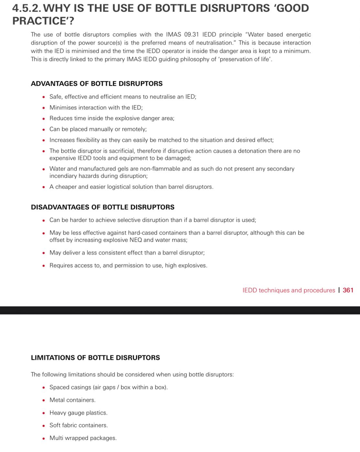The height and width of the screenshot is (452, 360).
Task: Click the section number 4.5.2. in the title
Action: (27, 8)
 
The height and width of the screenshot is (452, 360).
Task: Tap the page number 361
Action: (348, 290)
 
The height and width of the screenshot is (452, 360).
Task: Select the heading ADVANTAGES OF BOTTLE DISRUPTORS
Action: (97, 84)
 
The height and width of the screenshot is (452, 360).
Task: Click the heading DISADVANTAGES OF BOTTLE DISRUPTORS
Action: (102, 207)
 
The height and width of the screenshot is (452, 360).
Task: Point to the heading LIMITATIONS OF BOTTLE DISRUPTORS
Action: (95, 358)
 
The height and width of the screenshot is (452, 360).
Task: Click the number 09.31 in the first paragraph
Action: (191, 35)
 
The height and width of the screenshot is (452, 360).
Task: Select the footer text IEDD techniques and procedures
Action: (289, 290)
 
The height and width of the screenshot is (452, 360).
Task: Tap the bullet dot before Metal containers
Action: (44, 400)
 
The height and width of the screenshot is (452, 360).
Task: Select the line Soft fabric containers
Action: (79, 425)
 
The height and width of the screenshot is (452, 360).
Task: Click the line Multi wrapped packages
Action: (83, 438)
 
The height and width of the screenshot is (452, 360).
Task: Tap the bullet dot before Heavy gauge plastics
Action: (44, 413)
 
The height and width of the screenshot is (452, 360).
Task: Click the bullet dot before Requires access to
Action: (44, 266)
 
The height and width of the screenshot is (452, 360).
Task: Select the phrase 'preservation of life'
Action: (246, 59)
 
